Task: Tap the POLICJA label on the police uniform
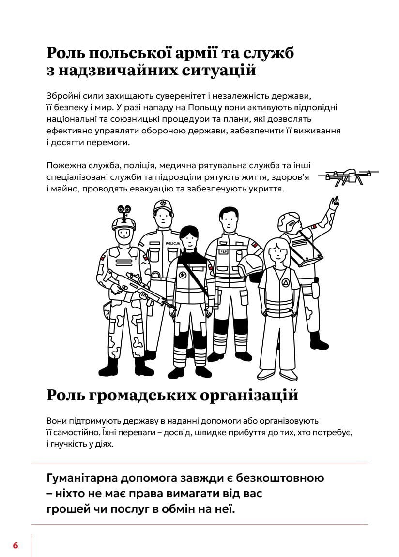click(172, 243)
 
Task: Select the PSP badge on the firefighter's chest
click(223, 252)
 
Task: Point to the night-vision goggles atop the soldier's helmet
click(124, 211)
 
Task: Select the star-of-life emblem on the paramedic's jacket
click(183, 276)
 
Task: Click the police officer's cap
click(162, 206)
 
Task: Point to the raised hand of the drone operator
click(333, 202)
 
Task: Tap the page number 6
click(15, 545)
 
